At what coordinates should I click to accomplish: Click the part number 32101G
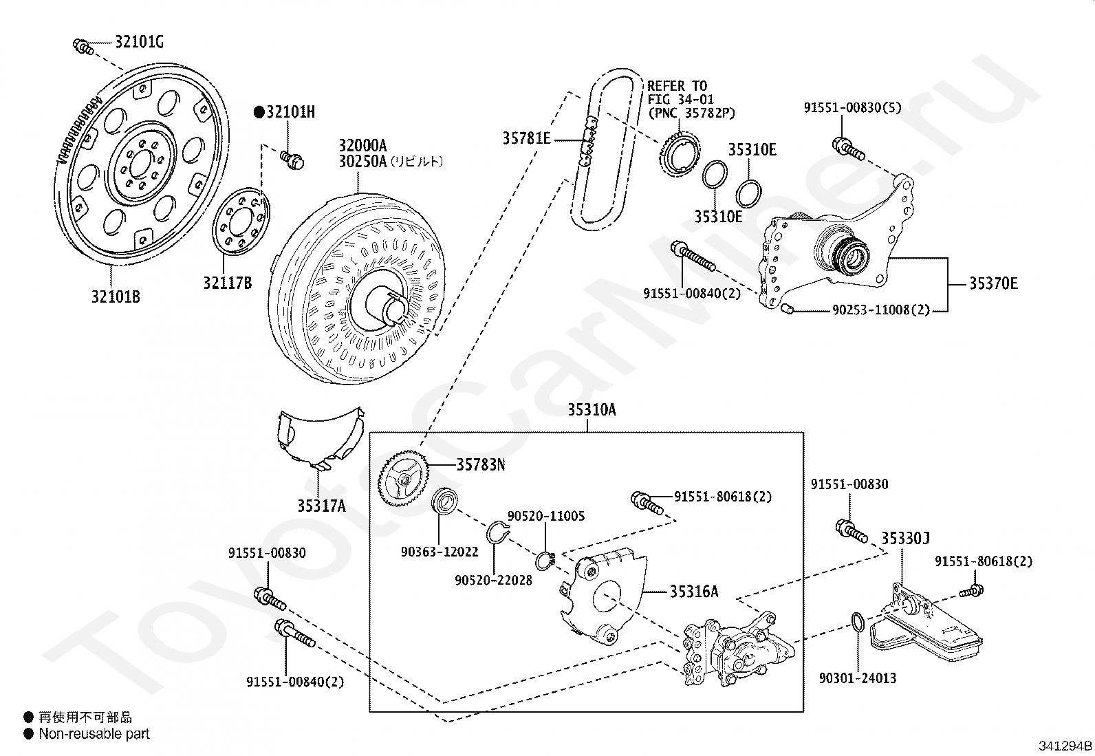tap(140, 43)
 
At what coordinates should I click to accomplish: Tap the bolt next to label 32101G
tap(83, 47)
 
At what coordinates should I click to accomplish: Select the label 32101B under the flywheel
tap(116, 296)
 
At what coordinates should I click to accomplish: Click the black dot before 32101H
tap(259, 113)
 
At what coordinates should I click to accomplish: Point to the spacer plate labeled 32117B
tap(241, 221)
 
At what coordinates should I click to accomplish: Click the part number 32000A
tap(362, 145)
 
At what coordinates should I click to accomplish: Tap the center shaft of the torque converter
tap(386, 305)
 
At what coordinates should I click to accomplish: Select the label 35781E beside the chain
tap(527, 139)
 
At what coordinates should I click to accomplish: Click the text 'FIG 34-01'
tap(681, 99)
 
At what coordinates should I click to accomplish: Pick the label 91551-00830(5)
tap(852, 107)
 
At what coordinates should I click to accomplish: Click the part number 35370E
tap(994, 283)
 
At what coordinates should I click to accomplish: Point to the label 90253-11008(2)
tap(881, 310)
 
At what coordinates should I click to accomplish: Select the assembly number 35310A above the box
tap(592, 410)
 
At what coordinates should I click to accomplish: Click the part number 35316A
tap(694, 592)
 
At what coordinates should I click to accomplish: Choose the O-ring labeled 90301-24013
tap(858, 622)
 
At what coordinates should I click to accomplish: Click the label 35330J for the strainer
tap(905, 539)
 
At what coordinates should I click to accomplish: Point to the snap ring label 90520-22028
tap(494, 581)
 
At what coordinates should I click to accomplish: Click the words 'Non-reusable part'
tap(94, 734)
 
